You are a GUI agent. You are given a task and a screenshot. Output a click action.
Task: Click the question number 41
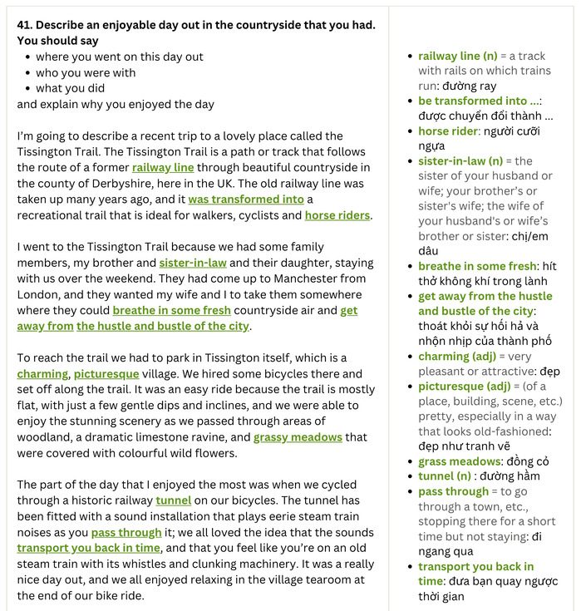pos(25,25)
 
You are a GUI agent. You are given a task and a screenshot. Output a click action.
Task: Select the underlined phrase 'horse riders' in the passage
pos(337,215)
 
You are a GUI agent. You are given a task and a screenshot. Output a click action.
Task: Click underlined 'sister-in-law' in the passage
pos(193,263)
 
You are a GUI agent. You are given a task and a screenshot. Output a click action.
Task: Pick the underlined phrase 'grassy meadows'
pos(298,437)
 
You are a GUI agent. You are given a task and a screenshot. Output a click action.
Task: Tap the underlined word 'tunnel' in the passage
pos(174,500)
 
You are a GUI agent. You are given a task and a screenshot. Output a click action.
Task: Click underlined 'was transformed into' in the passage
pos(246,200)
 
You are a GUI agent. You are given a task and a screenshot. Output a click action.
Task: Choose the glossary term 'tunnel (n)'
pos(445,476)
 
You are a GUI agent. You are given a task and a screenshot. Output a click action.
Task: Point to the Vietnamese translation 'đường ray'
pos(469,86)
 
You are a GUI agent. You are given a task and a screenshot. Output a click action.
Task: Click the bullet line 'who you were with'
pos(86,72)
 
